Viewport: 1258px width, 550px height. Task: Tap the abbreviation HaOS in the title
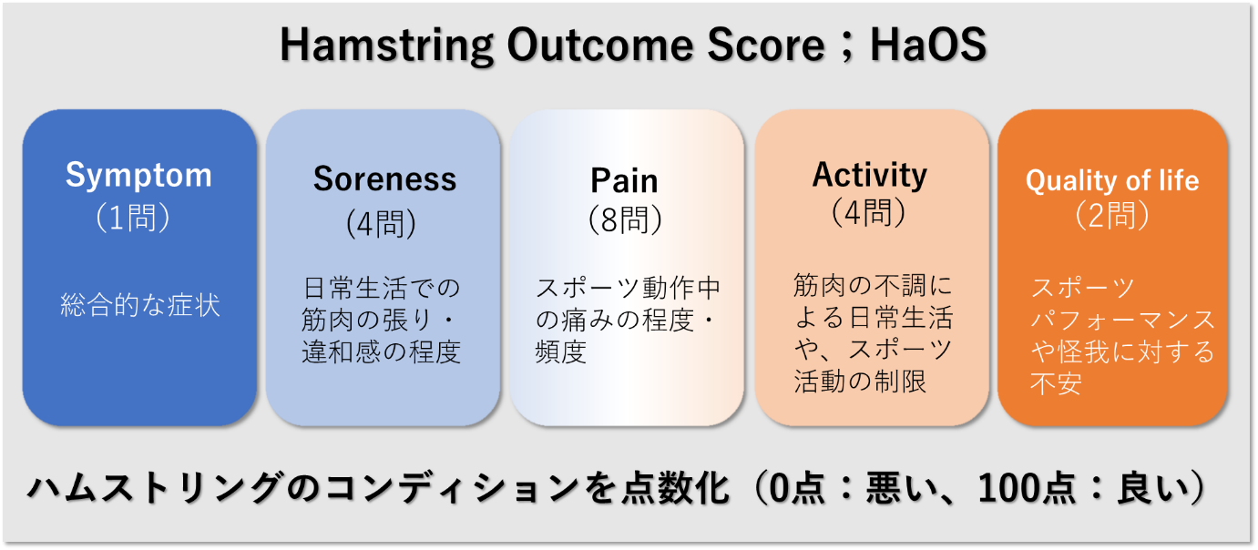tap(928, 45)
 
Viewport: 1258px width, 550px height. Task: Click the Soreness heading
tap(384, 179)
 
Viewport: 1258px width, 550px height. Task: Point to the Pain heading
tap(624, 180)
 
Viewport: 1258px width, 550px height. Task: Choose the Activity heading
tap(869, 176)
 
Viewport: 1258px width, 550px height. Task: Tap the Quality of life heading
tap(1112, 180)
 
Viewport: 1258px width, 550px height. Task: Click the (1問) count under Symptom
tap(132, 218)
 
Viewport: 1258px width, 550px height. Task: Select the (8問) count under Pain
tap(625, 219)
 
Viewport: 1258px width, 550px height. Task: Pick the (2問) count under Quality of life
tap(1112, 216)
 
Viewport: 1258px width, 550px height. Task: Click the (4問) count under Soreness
tap(382, 223)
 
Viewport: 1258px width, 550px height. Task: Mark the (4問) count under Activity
tap(868, 213)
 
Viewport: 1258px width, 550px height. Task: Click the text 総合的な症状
tap(140, 305)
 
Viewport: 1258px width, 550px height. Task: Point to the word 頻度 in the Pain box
tap(560, 352)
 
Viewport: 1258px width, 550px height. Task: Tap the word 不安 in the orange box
tap(1056, 384)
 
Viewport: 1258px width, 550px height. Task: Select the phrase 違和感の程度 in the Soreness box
tap(381, 352)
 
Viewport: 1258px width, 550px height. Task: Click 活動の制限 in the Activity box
tap(860, 382)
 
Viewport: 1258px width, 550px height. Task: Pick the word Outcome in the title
tap(599, 45)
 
